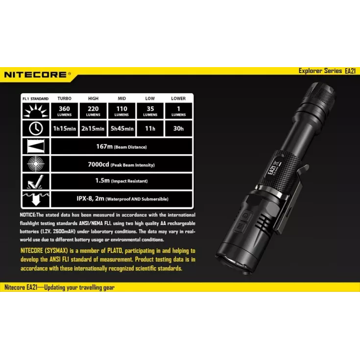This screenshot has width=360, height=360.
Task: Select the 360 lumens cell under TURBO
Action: click(x=64, y=111)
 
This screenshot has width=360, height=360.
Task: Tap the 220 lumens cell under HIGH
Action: click(x=93, y=111)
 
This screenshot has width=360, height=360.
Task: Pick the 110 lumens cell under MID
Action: click(x=121, y=111)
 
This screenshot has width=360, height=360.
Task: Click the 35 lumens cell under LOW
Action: click(x=150, y=111)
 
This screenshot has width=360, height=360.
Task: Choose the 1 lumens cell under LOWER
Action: click(x=179, y=111)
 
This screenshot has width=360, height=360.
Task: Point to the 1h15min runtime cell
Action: click(x=64, y=128)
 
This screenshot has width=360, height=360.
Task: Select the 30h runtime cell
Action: click(x=179, y=128)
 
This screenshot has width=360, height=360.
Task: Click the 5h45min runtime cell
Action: click(x=121, y=128)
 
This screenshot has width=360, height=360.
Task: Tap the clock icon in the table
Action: click(x=36, y=128)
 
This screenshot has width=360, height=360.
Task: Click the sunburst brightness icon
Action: click(x=36, y=111)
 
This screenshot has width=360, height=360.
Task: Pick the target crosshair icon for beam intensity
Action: click(x=36, y=164)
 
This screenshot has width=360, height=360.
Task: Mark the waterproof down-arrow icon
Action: click(x=36, y=199)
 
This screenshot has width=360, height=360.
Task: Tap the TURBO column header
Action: click(x=64, y=98)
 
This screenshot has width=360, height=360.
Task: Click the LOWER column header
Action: click(x=178, y=98)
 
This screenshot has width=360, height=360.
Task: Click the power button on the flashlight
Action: click(x=245, y=216)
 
